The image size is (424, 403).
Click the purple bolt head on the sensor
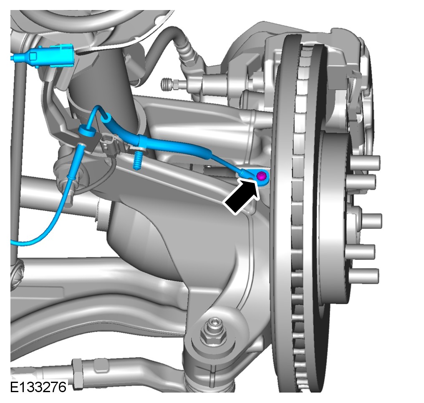coord(261,177)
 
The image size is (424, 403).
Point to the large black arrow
coord(241,197)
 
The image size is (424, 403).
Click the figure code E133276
coord(38,387)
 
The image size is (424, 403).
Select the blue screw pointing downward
coord(138,160)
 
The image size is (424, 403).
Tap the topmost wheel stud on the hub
coord(366,162)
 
